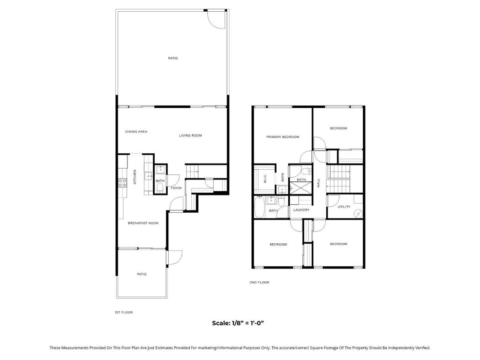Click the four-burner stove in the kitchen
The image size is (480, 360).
[x=123, y=183]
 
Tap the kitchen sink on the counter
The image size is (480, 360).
[x=149, y=176]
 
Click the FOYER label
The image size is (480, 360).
[x=176, y=188]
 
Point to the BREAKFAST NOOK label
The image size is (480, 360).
[x=143, y=223]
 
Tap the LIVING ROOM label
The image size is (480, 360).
[x=190, y=135]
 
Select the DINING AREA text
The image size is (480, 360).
[x=136, y=132]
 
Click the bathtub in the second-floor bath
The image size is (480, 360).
[x=259, y=207]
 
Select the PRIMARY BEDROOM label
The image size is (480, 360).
[x=283, y=137]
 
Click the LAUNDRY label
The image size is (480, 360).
[x=301, y=210]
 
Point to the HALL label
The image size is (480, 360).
[x=318, y=183]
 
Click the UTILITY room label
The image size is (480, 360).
[x=344, y=207]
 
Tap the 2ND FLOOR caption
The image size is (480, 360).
[x=259, y=282]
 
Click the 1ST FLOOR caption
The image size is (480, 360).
[x=124, y=313]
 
